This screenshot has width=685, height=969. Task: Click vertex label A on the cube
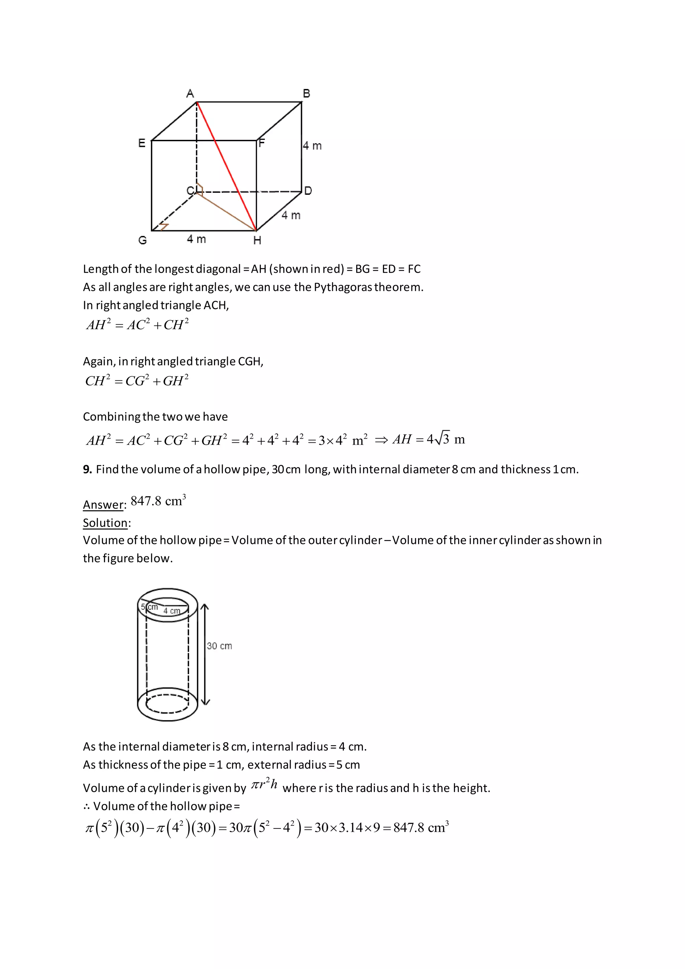coord(190,93)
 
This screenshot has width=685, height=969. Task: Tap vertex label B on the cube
coord(307,93)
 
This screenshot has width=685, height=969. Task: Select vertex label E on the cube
coord(142,143)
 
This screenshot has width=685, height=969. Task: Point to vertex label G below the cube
coord(142,240)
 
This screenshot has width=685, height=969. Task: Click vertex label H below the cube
coord(257,241)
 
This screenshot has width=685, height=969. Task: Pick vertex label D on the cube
coord(308,191)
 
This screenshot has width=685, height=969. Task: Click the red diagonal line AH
coord(226,166)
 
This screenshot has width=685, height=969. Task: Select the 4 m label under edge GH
coord(197,239)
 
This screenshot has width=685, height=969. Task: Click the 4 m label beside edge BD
coord(312,146)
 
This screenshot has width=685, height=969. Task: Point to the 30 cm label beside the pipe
coord(219,646)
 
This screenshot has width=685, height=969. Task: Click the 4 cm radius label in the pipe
coord(172,611)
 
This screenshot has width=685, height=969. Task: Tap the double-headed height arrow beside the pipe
coord(205,654)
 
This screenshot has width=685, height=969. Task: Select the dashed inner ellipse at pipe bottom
coord(168,704)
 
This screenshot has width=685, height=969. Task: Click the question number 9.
coord(87,469)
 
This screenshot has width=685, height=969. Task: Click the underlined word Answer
coord(103,505)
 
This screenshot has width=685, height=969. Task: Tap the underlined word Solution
coord(105,523)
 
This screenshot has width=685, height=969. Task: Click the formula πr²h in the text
coord(265,785)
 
